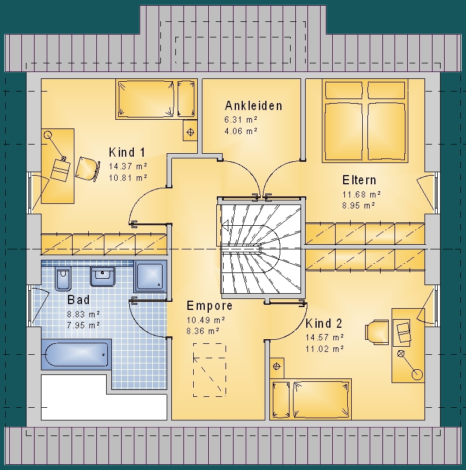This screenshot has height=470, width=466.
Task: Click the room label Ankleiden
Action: click(x=254, y=106)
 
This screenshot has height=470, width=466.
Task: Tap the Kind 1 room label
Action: click(x=127, y=152)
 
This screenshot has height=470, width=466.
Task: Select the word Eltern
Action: click(x=359, y=180)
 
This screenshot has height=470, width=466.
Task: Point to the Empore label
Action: click(x=209, y=306)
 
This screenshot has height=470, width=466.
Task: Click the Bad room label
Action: click(x=78, y=300)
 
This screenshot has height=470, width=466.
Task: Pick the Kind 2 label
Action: click(x=324, y=324)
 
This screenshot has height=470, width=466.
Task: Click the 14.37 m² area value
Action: click(x=128, y=166)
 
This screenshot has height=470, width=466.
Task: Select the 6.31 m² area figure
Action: click(x=240, y=120)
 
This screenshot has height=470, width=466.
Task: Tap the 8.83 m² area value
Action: click(x=83, y=314)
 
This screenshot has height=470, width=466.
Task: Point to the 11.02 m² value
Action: click(x=325, y=349)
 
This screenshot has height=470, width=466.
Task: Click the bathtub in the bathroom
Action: click(x=77, y=355)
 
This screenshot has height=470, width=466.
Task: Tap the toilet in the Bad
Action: click(x=63, y=278)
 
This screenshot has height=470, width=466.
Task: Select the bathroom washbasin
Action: click(x=103, y=276)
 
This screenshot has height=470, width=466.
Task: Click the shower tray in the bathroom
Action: click(x=150, y=276)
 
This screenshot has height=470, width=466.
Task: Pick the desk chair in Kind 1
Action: click(x=87, y=169)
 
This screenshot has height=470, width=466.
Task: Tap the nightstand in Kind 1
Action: click(x=190, y=130)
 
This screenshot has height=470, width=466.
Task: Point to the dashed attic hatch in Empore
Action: click(x=209, y=370)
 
